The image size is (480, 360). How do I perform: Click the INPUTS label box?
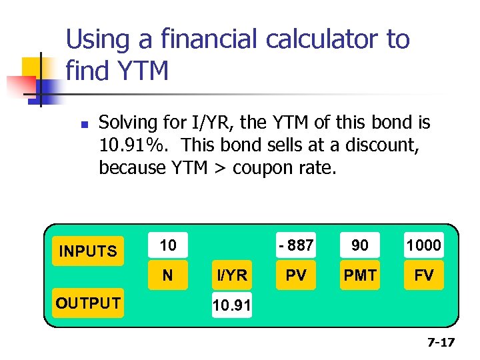click(88, 251)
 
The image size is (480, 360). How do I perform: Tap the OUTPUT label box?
click(88, 303)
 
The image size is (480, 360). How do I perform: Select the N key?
click(168, 275)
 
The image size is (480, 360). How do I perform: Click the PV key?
click(296, 275)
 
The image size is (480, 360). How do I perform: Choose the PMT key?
click(360, 275)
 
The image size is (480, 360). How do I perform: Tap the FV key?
click(424, 275)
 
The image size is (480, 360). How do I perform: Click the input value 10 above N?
click(168, 245)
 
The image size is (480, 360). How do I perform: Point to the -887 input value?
click(296, 245)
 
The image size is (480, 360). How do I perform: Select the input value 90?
click(360, 245)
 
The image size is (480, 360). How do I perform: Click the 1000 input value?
click(424, 245)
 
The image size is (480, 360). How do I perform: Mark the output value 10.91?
click(231, 306)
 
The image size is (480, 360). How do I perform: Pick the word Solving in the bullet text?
click(126, 123)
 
